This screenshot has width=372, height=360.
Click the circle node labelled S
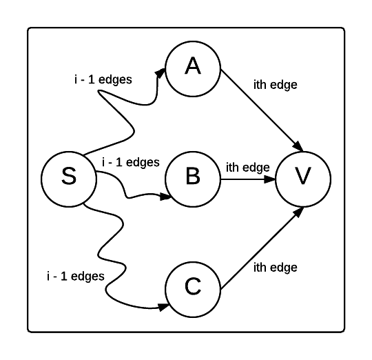[x=68, y=177]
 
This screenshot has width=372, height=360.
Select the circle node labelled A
[x=192, y=67]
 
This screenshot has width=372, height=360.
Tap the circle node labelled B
[x=192, y=177]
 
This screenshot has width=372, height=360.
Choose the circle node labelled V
[x=302, y=177]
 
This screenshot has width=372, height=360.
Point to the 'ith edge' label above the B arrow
[x=247, y=167]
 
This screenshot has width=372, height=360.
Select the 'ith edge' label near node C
[x=276, y=266]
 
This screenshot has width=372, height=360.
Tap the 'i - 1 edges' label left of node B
[x=130, y=163]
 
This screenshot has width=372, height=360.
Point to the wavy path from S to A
[x=130, y=117]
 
